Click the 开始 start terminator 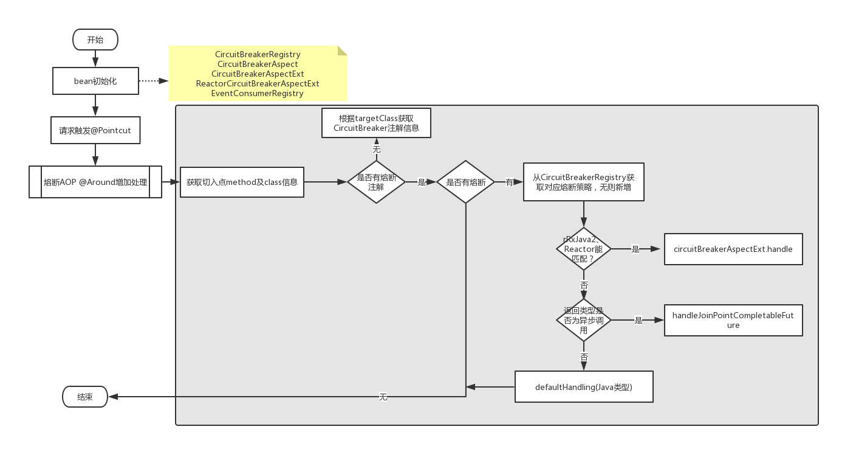click(x=95, y=40)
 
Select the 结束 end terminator click(x=85, y=397)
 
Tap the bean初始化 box click(x=95, y=81)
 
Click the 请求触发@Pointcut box click(x=95, y=130)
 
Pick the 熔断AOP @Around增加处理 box click(x=95, y=182)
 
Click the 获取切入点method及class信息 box click(x=242, y=182)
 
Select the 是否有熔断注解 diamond click(x=376, y=182)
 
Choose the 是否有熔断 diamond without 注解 click(x=465, y=182)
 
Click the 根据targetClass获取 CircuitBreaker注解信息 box click(x=376, y=123)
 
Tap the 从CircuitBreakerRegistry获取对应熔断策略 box click(x=584, y=182)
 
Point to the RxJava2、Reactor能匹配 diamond click(x=584, y=249)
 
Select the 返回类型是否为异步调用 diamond click(x=584, y=320)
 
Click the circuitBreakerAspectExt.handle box click(x=733, y=249)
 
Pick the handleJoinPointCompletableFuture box click(x=733, y=320)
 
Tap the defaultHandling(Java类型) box click(x=584, y=387)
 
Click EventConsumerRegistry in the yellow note click(x=257, y=93)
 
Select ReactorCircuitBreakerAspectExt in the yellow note click(x=258, y=83)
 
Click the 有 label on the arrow click(x=509, y=183)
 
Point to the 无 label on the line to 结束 click(x=383, y=397)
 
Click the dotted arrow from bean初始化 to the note click(x=154, y=81)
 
